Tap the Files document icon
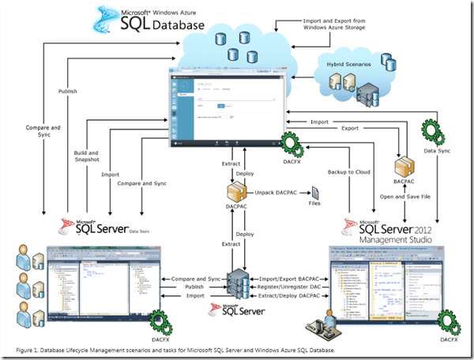(314, 192)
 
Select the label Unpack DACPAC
(276, 192)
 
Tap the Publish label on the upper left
(68, 91)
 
